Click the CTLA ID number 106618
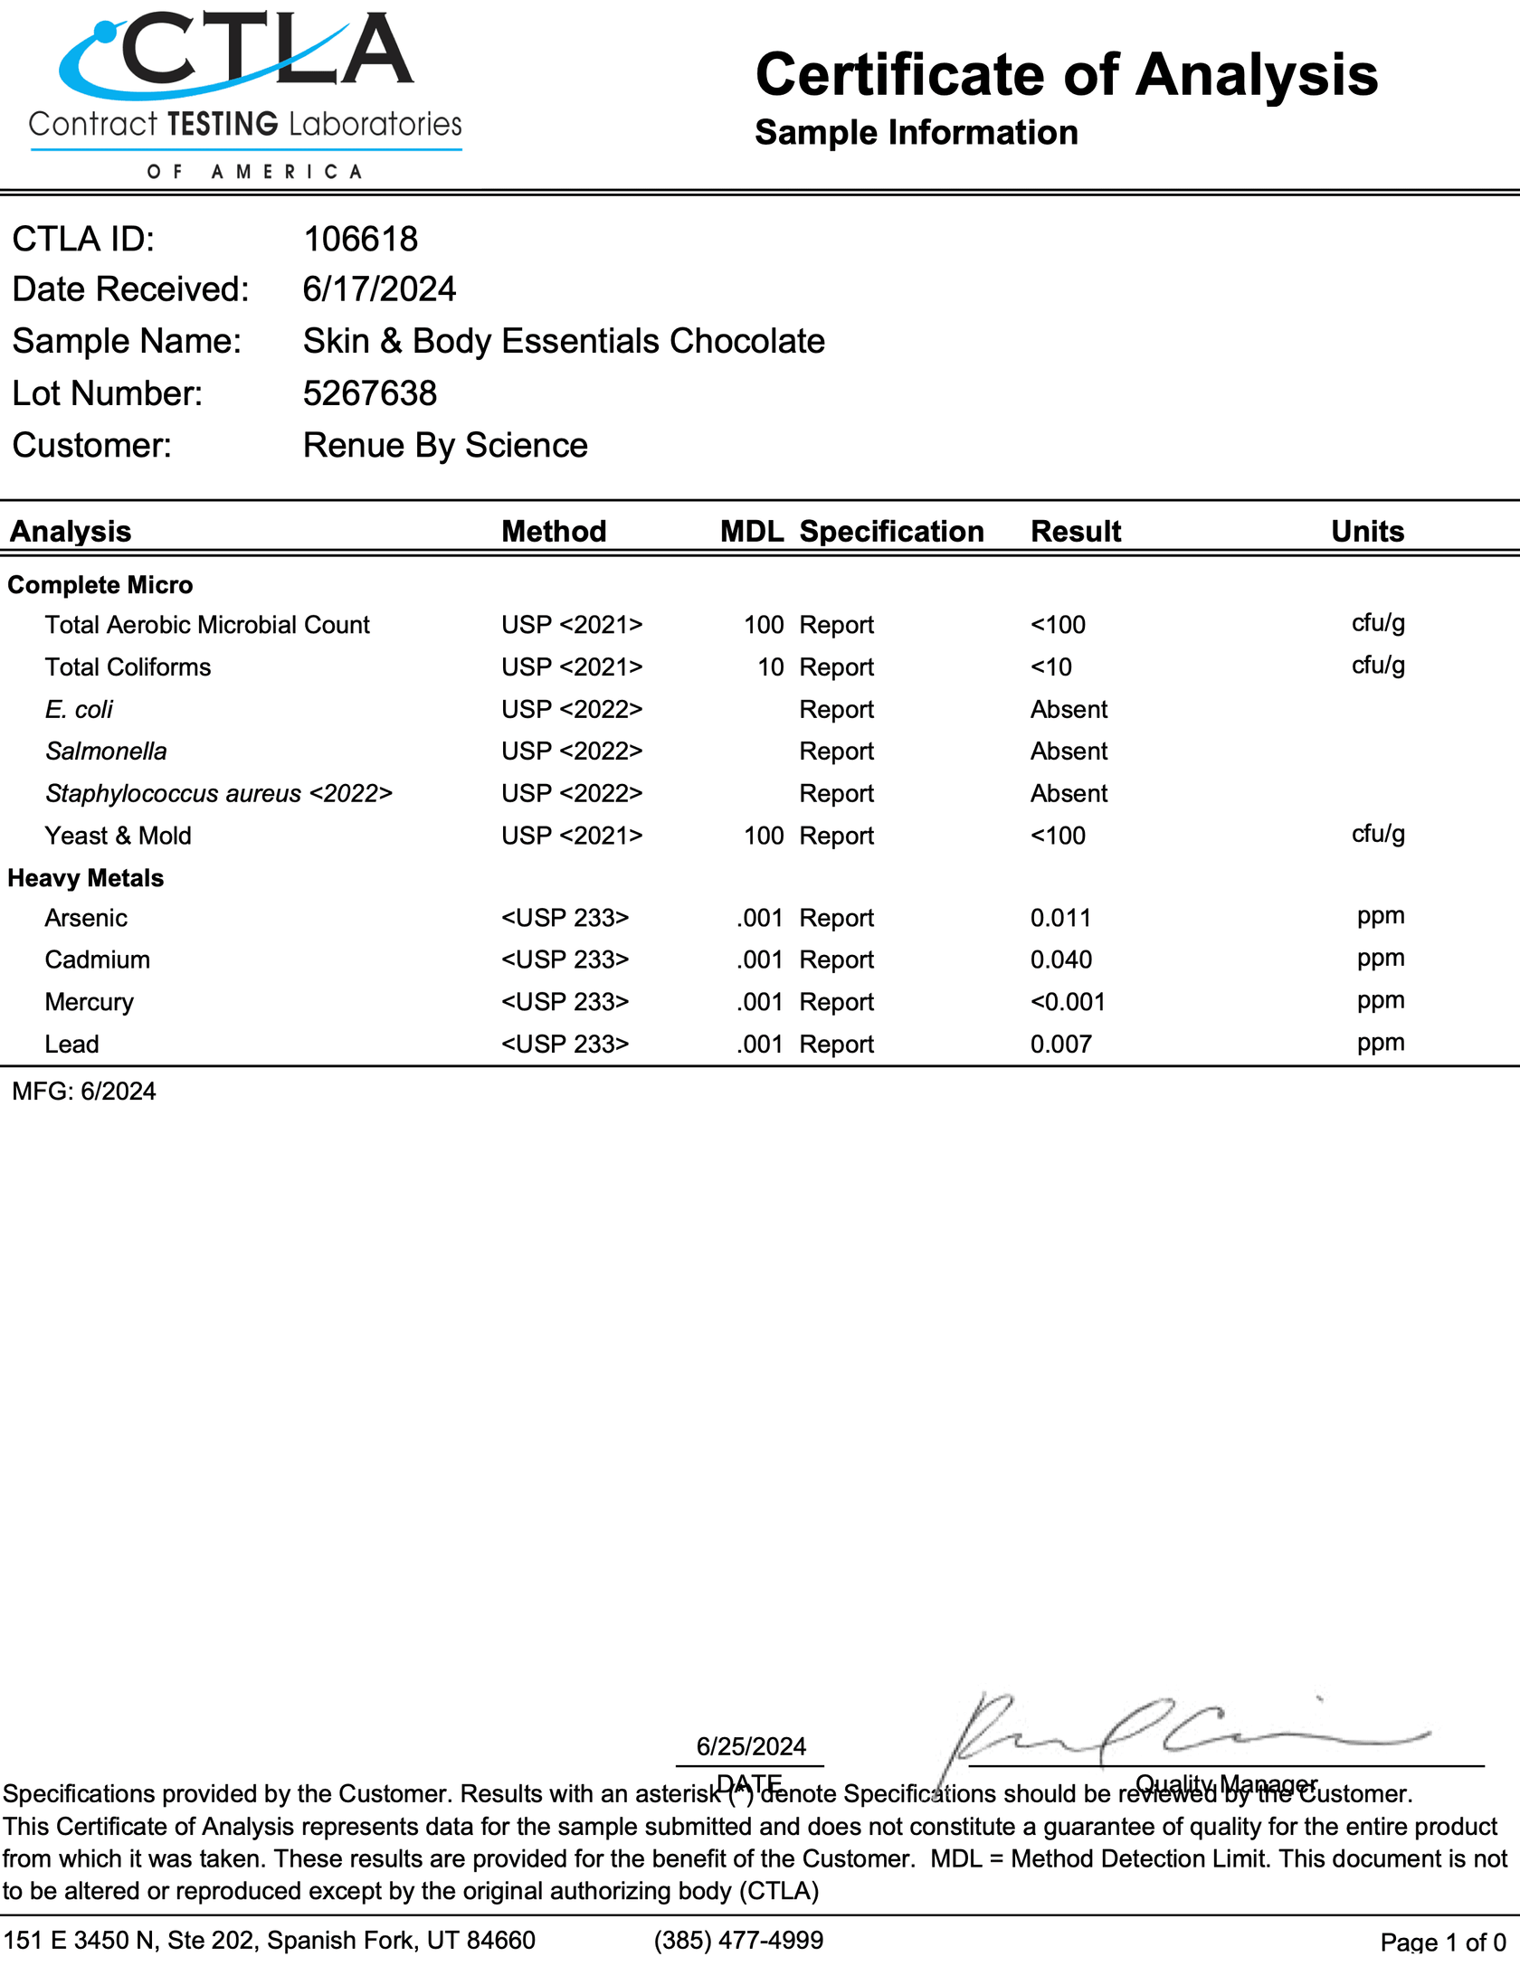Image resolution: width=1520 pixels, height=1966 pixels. click(360, 240)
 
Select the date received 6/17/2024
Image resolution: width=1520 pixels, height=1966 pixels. click(379, 289)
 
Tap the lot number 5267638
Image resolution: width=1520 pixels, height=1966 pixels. click(369, 393)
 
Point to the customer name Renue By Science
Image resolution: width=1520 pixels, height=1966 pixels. click(445, 446)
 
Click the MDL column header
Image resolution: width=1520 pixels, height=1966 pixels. click(751, 531)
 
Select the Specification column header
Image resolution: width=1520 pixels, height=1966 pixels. click(891, 531)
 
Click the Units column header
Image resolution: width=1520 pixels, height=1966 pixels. click(1367, 531)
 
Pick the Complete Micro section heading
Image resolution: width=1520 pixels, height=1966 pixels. click(100, 585)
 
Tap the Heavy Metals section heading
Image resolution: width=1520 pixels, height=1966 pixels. click(86, 878)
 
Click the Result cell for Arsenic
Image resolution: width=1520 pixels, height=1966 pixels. click(1060, 918)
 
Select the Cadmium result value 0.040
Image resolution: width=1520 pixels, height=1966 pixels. click(1060, 959)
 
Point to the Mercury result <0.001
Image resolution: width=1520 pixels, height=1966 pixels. click(1068, 1002)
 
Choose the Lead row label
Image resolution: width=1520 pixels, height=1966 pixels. click(71, 1044)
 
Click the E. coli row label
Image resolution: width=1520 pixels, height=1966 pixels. click(79, 710)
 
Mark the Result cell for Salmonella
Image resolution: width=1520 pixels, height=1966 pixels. click(1069, 751)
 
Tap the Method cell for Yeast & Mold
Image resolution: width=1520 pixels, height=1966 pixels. click(572, 836)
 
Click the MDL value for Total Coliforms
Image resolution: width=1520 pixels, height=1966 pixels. click(770, 667)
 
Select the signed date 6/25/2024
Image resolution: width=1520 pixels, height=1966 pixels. click(751, 1746)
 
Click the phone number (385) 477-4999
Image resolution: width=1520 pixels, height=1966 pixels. click(738, 1940)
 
